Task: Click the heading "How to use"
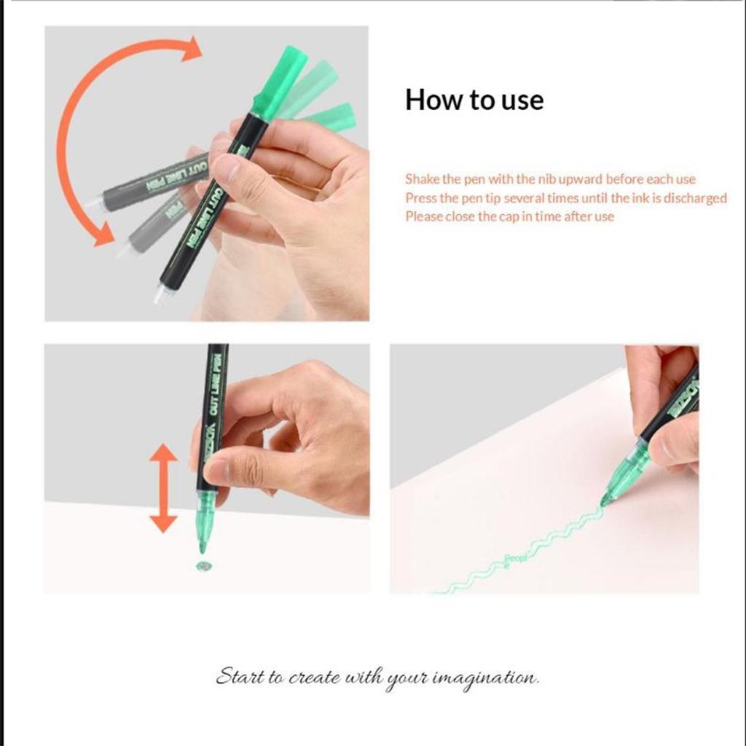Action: click(x=474, y=100)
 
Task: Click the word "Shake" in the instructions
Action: click(x=422, y=179)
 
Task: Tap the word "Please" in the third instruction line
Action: click(x=423, y=216)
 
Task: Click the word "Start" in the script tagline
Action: click(x=238, y=677)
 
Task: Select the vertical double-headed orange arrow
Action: click(x=163, y=488)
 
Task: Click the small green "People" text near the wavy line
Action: click(x=516, y=559)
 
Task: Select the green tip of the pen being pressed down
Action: click(x=205, y=521)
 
